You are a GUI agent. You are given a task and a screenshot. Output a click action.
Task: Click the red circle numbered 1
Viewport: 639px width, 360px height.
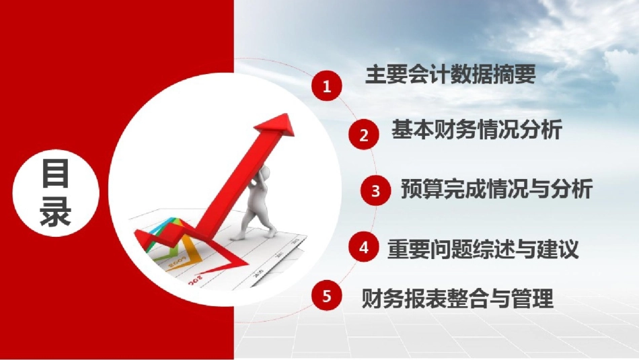point(327,86)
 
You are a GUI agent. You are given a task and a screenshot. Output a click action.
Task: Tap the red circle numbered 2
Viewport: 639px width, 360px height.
point(364,135)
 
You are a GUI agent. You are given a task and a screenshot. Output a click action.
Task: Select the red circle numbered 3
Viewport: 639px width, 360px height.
point(376,190)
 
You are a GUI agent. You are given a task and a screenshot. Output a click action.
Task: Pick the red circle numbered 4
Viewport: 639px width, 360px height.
point(364,247)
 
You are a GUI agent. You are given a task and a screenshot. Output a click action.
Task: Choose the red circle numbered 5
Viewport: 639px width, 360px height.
point(327,296)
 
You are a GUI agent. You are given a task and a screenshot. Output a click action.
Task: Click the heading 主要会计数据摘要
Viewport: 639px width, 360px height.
point(450,75)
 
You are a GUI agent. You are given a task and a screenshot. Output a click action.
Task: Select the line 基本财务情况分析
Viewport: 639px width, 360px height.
point(476,130)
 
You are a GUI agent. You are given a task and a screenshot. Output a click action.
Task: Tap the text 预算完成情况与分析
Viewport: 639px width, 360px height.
point(496,189)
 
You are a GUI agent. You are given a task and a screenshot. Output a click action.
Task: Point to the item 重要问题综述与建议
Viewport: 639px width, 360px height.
point(483,250)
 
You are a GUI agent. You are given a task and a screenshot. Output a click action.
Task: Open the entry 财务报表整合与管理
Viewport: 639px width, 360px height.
point(457,298)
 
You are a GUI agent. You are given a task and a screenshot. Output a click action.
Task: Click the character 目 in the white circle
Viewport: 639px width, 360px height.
point(56,174)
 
